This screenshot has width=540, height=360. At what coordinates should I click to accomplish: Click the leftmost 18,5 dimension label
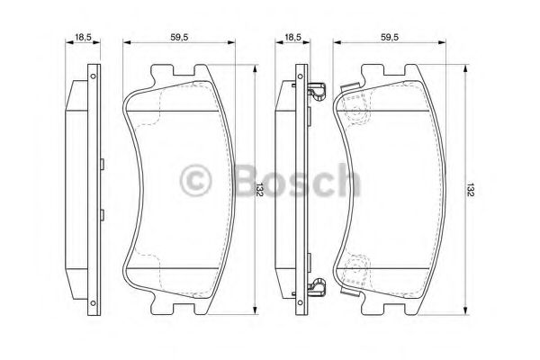pos(83,37)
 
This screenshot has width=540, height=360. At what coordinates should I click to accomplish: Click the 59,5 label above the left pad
pos(179,37)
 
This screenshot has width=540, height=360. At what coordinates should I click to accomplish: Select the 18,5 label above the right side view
pos(292,37)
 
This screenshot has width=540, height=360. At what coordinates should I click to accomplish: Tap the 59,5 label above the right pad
pos(390,37)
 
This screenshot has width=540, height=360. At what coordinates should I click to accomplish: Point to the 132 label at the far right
pos(471,190)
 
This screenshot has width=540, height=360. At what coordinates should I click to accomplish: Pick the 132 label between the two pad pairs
pos(260,190)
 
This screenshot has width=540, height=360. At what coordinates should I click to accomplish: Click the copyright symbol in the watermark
pos(195,180)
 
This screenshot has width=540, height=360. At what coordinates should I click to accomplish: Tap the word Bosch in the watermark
pos(297,180)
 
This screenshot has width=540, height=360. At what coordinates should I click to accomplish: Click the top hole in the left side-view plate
pos(93,76)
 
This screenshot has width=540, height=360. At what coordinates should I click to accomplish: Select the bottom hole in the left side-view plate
pos(93,302)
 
